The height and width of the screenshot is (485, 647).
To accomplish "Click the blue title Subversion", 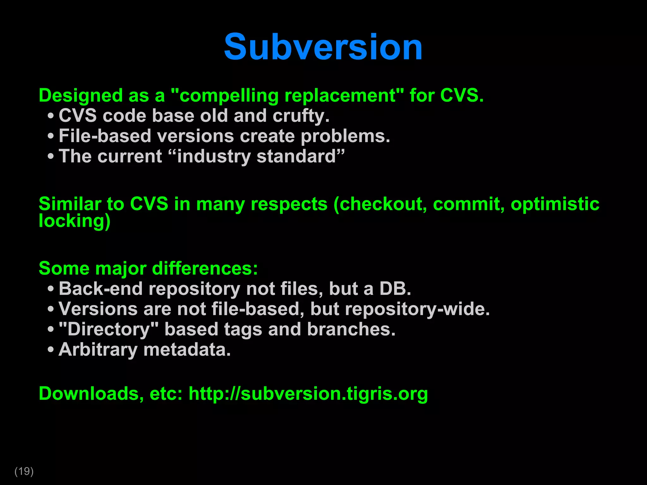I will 323,47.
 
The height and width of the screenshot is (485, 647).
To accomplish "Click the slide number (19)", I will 24,471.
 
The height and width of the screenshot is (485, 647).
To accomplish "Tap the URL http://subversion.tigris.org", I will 308,394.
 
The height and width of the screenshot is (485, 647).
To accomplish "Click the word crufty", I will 301,116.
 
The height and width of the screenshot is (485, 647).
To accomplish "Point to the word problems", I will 345,136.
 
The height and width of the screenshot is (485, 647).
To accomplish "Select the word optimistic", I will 555,204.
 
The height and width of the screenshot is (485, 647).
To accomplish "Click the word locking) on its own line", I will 75,221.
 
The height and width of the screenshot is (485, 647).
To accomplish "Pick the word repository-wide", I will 417,309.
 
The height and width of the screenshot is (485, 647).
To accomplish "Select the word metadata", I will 187,350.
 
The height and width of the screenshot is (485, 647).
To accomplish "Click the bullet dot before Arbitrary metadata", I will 51,350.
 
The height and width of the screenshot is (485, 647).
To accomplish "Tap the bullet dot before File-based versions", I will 51,136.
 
